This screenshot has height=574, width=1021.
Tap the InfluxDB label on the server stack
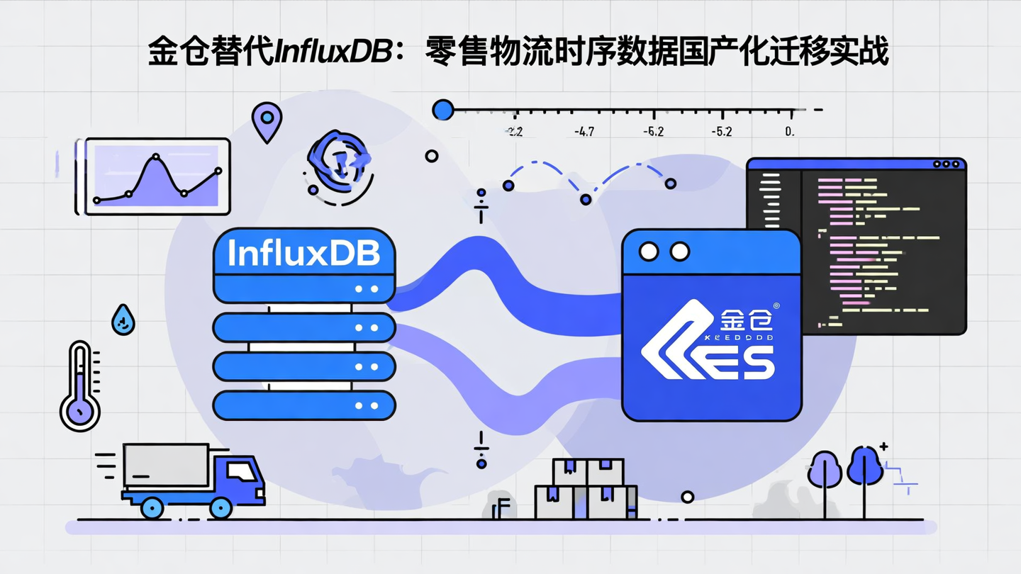[x=303, y=253]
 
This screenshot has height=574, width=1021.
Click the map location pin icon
[x=267, y=120]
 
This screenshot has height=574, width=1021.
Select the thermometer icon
[x=79, y=386]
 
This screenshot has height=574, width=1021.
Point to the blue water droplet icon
[x=123, y=320]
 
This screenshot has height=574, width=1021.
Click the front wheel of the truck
[x=221, y=507]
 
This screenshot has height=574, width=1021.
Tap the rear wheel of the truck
[x=152, y=507]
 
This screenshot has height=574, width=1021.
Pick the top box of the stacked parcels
[x=588, y=471]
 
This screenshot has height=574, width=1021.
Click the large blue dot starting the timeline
[x=443, y=110]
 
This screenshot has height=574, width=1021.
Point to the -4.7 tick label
[x=585, y=132]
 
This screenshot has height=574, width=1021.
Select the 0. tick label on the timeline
[x=790, y=132]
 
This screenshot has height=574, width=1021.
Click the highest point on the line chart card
[x=156, y=157]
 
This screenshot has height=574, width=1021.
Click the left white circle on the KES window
[x=648, y=251]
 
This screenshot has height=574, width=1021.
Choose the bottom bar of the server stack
[x=304, y=405]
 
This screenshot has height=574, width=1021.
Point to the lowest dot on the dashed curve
[x=586, y=200]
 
